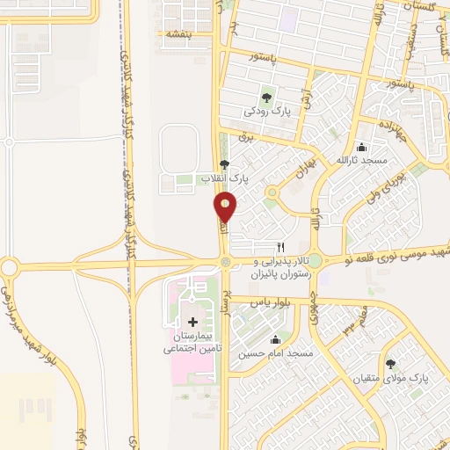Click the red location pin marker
click(x=226, y=207)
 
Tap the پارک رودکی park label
click(x=266, y=112)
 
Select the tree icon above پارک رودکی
click(x=266, y=97)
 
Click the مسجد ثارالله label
click(x=362, y=160)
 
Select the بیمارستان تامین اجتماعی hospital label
click(x=193, y=343)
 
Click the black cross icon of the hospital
click(x=193, y=323)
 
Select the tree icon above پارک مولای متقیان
click(x=390, y=363)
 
